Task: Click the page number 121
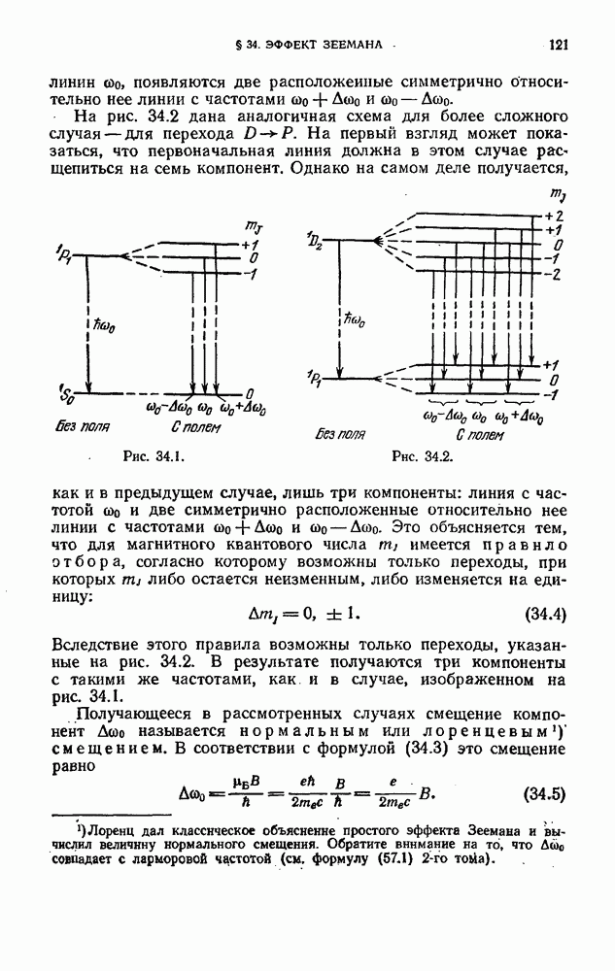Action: click(558, 45)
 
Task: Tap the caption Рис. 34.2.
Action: click(419, 455)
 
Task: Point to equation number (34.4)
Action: click(545, 614)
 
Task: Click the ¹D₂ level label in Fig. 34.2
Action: click(314, 239)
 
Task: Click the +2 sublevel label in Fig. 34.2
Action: click(554, 216)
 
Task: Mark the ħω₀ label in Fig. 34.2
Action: click(356, 317)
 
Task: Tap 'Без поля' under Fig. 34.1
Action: click(83, 426)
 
